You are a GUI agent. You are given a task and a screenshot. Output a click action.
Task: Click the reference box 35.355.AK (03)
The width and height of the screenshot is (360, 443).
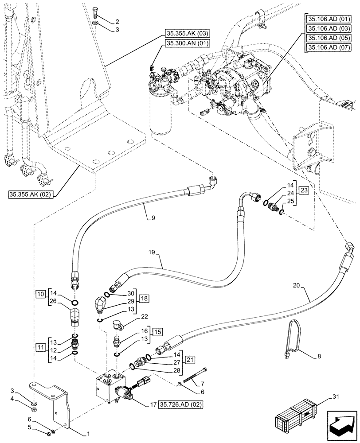188,34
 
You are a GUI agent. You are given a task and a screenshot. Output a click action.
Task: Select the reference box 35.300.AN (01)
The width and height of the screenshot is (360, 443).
188,43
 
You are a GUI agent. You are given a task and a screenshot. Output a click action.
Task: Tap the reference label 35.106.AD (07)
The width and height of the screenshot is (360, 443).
329,47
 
